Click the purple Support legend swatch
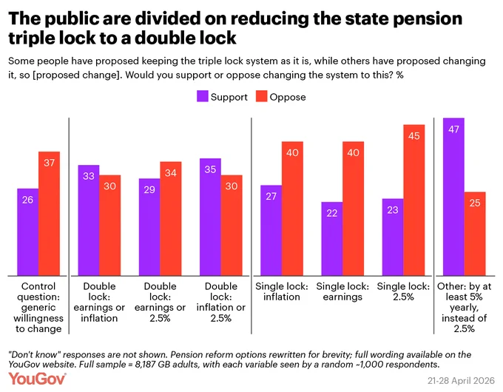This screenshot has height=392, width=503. pyautogui.click(x=203, y=96)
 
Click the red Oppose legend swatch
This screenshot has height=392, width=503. pyautogui.click(x=261, y=96)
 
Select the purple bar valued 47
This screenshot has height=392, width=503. pyautogui.click(x=453, y=197)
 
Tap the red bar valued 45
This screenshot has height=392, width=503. pyautogui.click(x=414, y=200)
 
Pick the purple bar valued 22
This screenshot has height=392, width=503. pyautogui.click(x=332, y=239)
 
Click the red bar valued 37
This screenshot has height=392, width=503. pyautogui.click(x=49, y=214)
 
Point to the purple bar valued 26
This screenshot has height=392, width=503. pyautogui.click(x=28, y=232)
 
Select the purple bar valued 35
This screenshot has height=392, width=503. pyautogui.click(x=210, y=217)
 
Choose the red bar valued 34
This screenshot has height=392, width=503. pyautogui.click(x=171, y=219)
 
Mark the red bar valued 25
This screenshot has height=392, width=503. pyautogui.click(x=475, y=234)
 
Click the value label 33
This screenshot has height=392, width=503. pyautogui.click(x=89, y=176)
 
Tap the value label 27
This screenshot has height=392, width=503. pyautogui.click(x=271, y=196)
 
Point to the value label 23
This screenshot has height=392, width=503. pyautogui.click(x=393, y=210)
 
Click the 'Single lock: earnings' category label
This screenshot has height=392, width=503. pyautogui.click(x=342, y=291)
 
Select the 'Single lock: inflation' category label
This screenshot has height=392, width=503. pyautogui.click(x=282, y=291)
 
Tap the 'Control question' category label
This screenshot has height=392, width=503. pyautogui.click(x=38, y=307)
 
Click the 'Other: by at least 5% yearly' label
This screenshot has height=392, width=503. pyautogui.click(x=465, y=307)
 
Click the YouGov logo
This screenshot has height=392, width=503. pyautogui.click(x=37, y=379)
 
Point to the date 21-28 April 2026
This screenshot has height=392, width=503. pyautogui.click(x=461, y=380)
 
